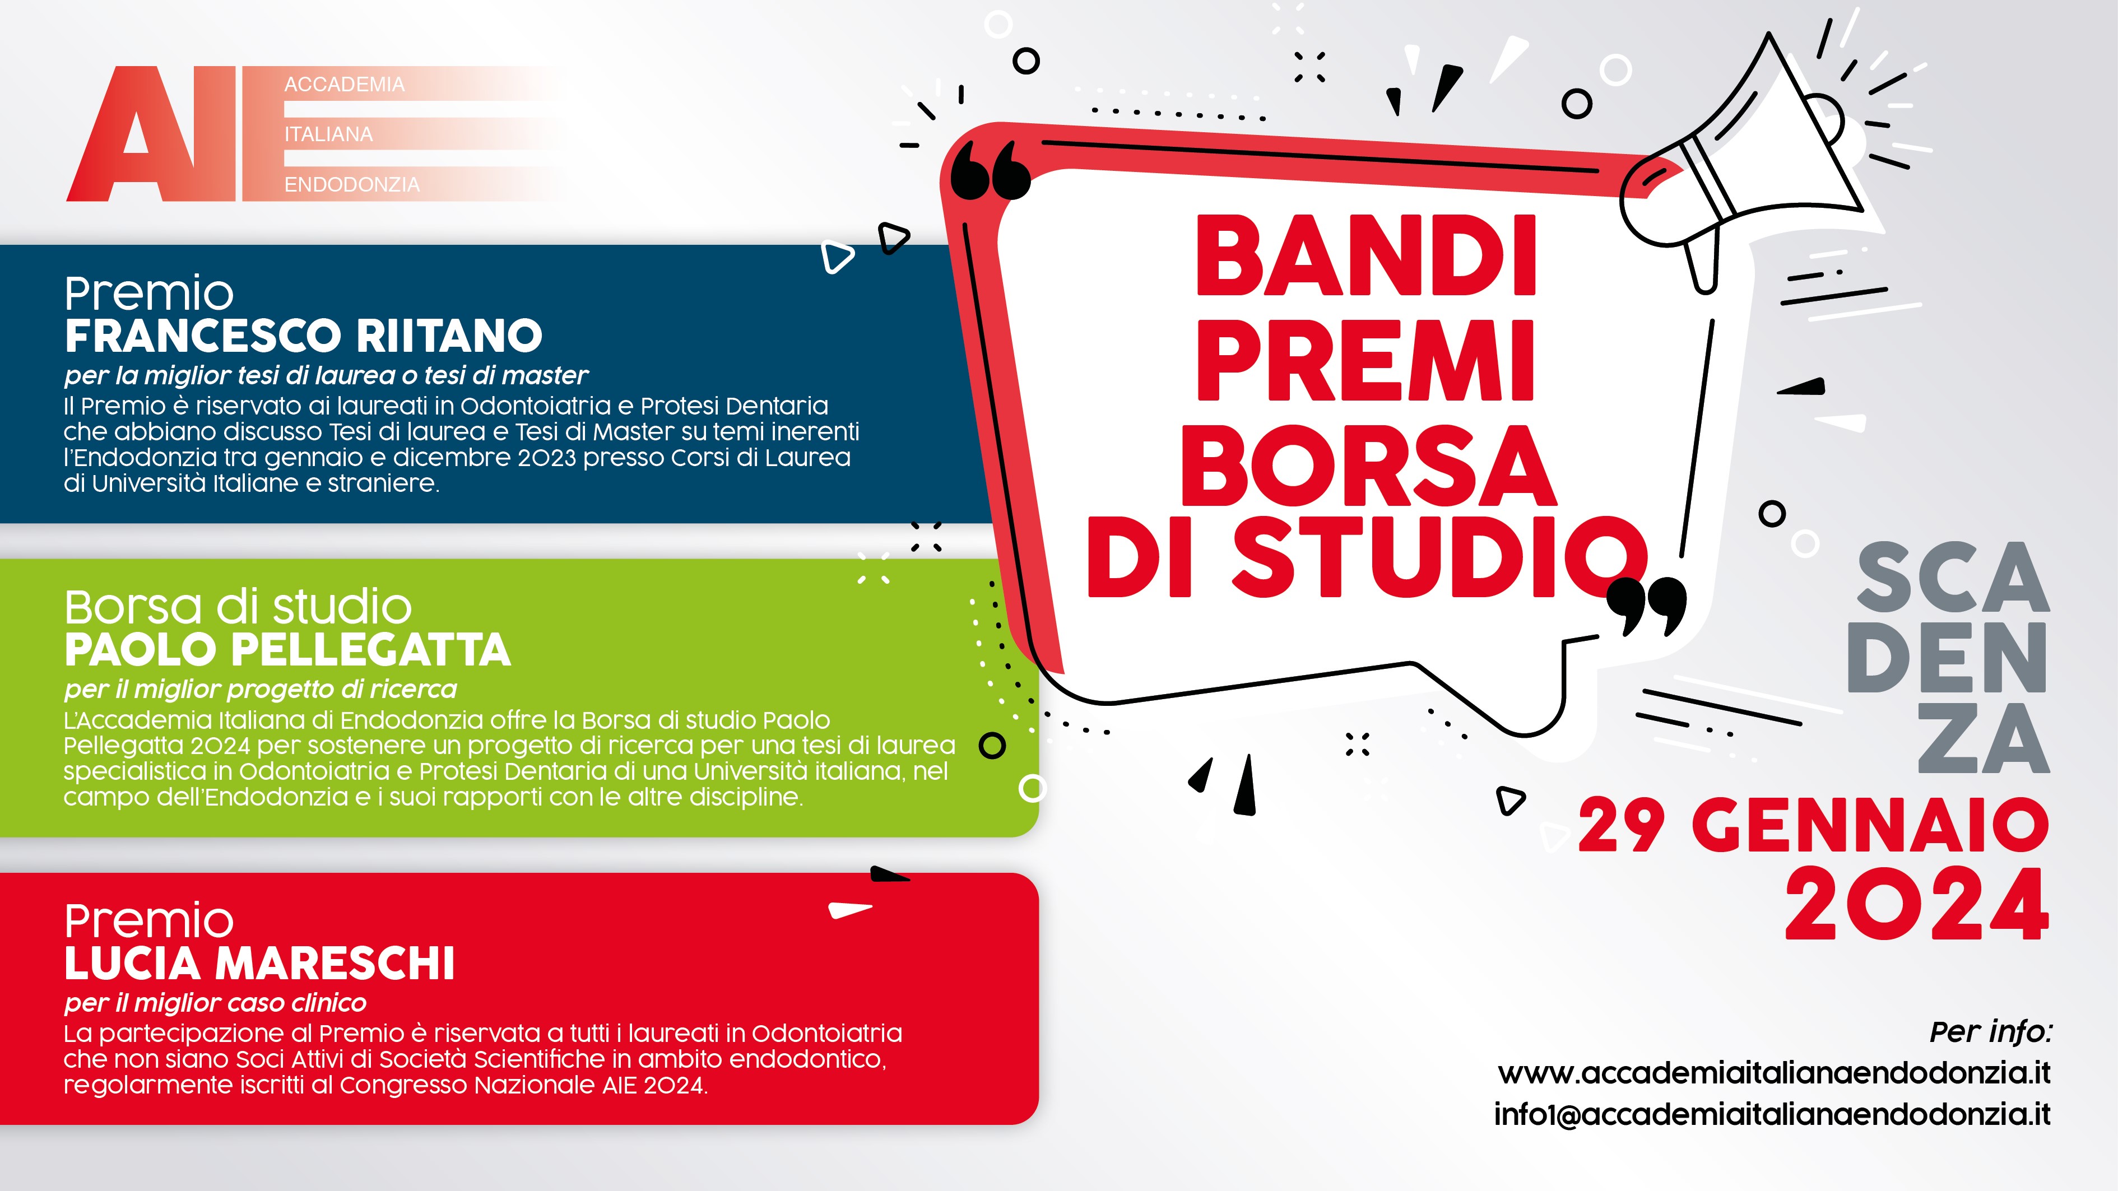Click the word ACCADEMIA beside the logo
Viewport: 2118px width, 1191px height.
(345, 85)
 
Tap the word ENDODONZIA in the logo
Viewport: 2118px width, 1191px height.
(352, 185)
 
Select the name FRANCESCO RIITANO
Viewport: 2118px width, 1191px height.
(303, 336)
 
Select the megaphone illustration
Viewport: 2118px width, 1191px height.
(1743, 164)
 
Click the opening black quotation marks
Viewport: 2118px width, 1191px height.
(990, 170)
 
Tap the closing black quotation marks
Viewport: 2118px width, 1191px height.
(1646, 607)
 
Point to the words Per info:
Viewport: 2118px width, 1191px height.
(1991, 1031)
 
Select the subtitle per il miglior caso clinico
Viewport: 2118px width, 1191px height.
(215, 1003)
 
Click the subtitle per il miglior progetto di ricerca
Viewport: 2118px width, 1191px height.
(261, 690)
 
